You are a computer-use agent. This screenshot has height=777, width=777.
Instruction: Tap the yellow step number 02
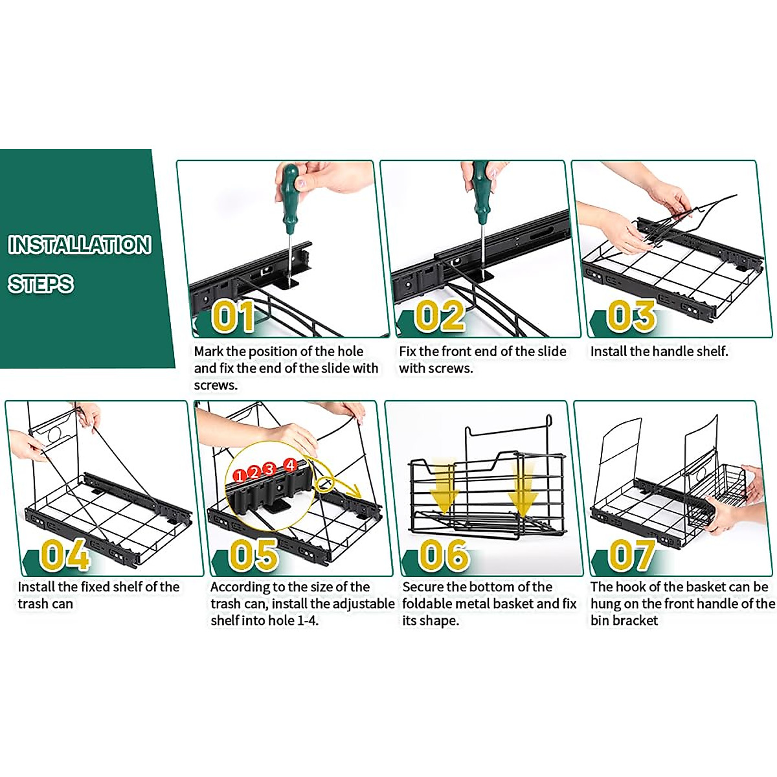click(x=440, y=317)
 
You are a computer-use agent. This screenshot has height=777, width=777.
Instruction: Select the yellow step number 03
click(x=631, y=317)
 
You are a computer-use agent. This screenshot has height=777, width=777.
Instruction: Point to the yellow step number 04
click(x=64, y=555)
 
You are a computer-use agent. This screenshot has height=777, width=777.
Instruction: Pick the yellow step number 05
click(x=253, y=555)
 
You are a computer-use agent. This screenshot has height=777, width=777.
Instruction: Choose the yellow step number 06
click(x=444, y=555)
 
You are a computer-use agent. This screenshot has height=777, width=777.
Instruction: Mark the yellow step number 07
click(x=631, y=555)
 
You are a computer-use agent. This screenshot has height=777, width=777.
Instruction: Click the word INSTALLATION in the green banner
click(x=80, y=245)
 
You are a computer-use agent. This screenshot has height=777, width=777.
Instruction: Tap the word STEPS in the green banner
click(x=41, y=284)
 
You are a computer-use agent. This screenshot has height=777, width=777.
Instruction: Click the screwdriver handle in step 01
click(x=289, y=194)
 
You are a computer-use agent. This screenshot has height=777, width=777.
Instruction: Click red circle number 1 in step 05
click(x=240, y=476)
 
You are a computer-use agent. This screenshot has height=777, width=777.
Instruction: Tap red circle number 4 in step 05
click(x=290, y=464)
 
